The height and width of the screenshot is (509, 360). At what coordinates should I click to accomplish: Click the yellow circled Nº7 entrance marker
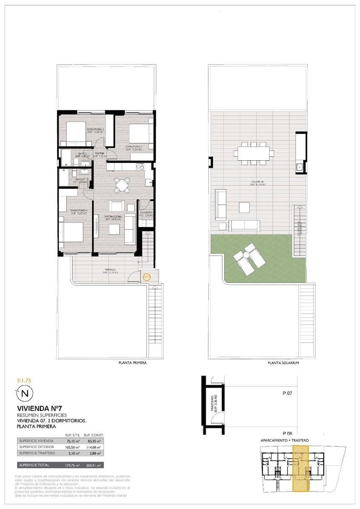click(146, 277)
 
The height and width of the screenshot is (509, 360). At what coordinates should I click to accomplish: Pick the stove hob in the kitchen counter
click(140, 167)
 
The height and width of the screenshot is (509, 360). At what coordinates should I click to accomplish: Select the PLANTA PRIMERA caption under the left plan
click(132, 363)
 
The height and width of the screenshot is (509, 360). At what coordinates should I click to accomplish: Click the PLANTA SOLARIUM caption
click(284, 363)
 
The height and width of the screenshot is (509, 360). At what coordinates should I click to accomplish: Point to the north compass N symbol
click(25, 394)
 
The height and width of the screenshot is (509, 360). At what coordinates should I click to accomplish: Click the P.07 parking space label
click(287, 393)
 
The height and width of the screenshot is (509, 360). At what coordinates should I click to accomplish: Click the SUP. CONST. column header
click(93, 435)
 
